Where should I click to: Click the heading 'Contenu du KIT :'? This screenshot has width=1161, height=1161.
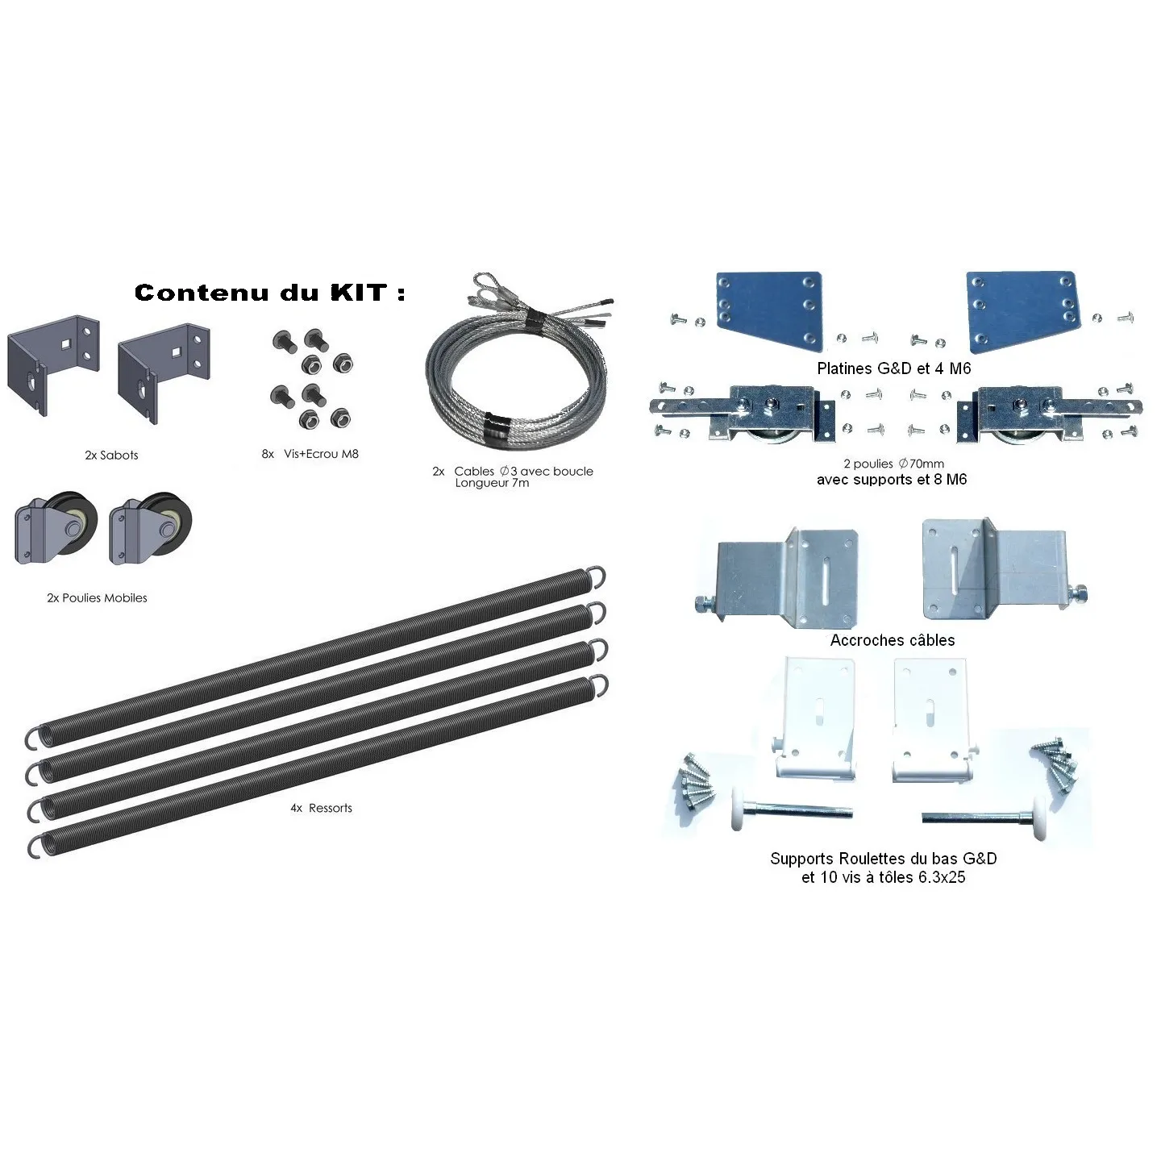(x=269, y=293)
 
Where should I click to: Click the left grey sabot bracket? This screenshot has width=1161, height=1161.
(x=53, y=364)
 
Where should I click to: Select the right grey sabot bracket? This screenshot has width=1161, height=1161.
(x=164, y=373)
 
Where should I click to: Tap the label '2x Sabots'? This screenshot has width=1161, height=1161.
(x=111, y=456)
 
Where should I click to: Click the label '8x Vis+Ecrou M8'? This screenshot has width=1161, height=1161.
(x=310, y=454)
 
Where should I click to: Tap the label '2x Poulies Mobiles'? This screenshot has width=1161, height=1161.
(x=97, y=598)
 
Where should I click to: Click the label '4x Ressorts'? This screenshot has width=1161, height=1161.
(x=321, y=809)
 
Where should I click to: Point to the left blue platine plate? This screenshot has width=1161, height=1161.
(x=769, y=311)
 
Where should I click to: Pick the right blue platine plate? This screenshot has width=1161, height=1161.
(x=1022, y=311)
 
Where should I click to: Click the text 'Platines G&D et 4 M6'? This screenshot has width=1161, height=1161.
(x=894, y=368)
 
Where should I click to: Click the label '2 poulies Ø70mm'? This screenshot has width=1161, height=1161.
(x=893, y=464)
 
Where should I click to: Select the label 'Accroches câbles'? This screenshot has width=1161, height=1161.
(x=893, y=640)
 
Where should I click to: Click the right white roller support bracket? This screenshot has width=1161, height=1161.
(x=933, y=720)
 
